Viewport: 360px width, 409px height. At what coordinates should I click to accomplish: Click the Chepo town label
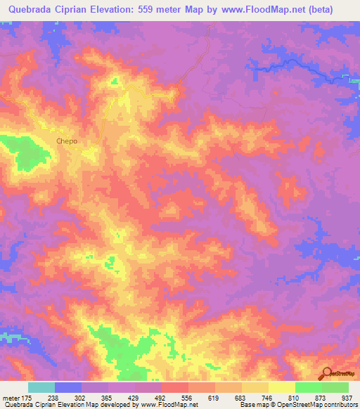(x=67, y=141)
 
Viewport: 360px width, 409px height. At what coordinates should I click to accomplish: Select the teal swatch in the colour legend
(x=41, y=387)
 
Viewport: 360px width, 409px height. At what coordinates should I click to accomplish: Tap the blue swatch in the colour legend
(x=68, y=387)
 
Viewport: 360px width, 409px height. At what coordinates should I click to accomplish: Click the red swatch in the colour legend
(x=175, y=387)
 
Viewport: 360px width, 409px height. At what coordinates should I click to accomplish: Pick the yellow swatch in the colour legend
(x=282, y=387)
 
